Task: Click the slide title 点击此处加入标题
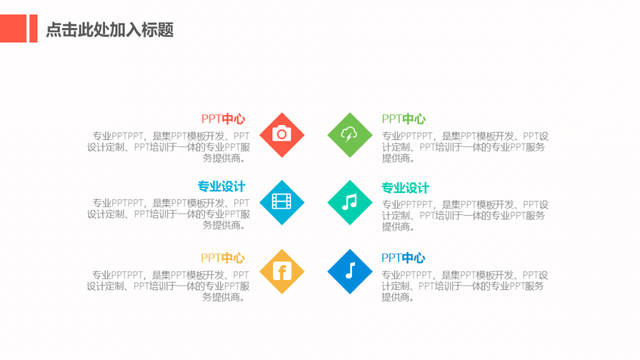point(110,30)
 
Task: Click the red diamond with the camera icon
point(282,135)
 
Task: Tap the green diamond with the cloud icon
point(350,135)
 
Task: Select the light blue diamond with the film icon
point(282,202)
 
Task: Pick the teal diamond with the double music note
point(350,202)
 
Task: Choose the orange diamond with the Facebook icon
point(282,271)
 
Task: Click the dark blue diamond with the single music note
point(350,271)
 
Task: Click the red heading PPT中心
point(223,119)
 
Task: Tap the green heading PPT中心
point(404,119)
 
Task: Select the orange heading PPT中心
point(223,258)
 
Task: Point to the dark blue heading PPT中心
point(403,258)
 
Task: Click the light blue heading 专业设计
point(222,186)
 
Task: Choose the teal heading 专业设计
point(405,188)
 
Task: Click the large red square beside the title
point(13,29)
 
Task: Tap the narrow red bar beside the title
point(34,29)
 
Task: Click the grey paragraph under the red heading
point(168,147)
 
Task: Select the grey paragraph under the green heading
point(465,147)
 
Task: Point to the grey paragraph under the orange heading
point(167,286)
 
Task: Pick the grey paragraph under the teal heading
point(465,216)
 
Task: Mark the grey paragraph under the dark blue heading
point(464,286)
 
